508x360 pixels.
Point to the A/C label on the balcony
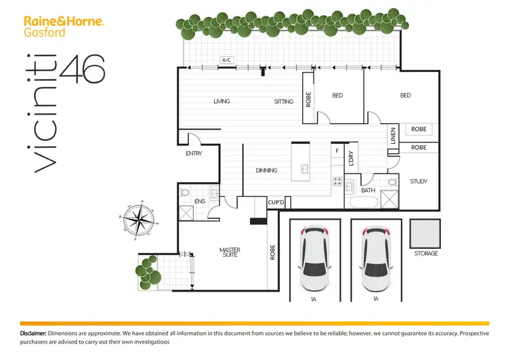(226, 60)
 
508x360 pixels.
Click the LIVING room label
(221, 102)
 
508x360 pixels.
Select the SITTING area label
(284, 102)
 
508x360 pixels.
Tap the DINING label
(266, 170)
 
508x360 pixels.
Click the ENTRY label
(194, 154)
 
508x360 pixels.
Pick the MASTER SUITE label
(230, 253)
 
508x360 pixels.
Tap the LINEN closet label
(393, 137)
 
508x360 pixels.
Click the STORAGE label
(425, 254)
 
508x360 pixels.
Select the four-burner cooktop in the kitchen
(337, 181)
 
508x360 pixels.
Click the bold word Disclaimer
(33, 334)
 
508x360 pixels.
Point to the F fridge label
(337, 150)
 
